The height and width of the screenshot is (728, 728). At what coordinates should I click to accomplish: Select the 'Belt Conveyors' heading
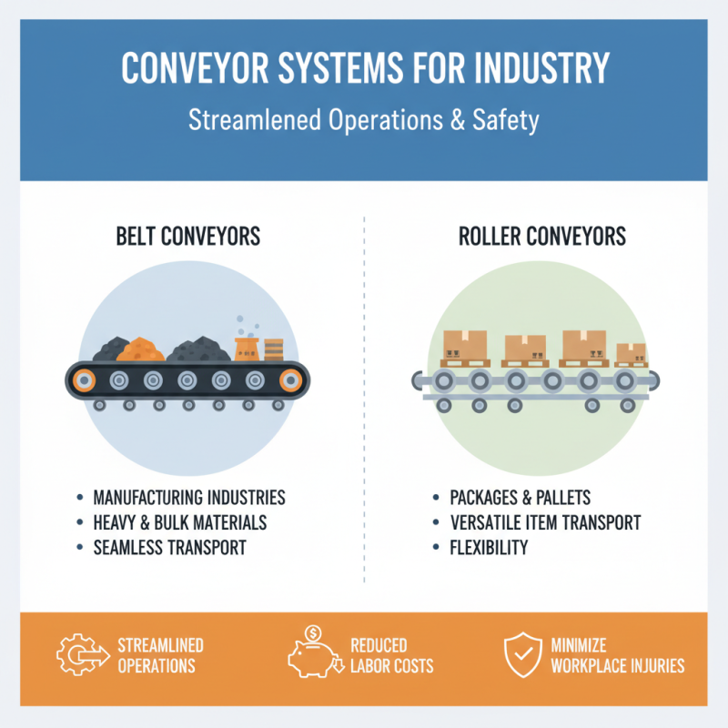pos(187,237)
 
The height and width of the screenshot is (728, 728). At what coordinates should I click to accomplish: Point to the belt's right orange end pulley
pos(290,379)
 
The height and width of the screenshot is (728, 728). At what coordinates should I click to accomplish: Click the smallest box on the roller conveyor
pos(631,353)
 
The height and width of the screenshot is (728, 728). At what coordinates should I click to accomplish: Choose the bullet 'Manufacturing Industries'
pos(189,498)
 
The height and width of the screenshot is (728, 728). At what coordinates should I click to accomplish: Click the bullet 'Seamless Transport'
pos(169,548)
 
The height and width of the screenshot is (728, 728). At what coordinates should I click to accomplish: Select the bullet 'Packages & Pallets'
pos(521,498)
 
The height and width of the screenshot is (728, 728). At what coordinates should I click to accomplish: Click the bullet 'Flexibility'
pos(489,548)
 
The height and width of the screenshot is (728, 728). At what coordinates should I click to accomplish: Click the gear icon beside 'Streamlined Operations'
pos(79,655)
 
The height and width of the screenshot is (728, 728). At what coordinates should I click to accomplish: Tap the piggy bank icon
pos(312,652)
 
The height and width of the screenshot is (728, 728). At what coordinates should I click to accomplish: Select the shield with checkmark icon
pos(521,654)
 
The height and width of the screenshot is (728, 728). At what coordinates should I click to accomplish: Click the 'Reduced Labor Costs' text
pos(390,655)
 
